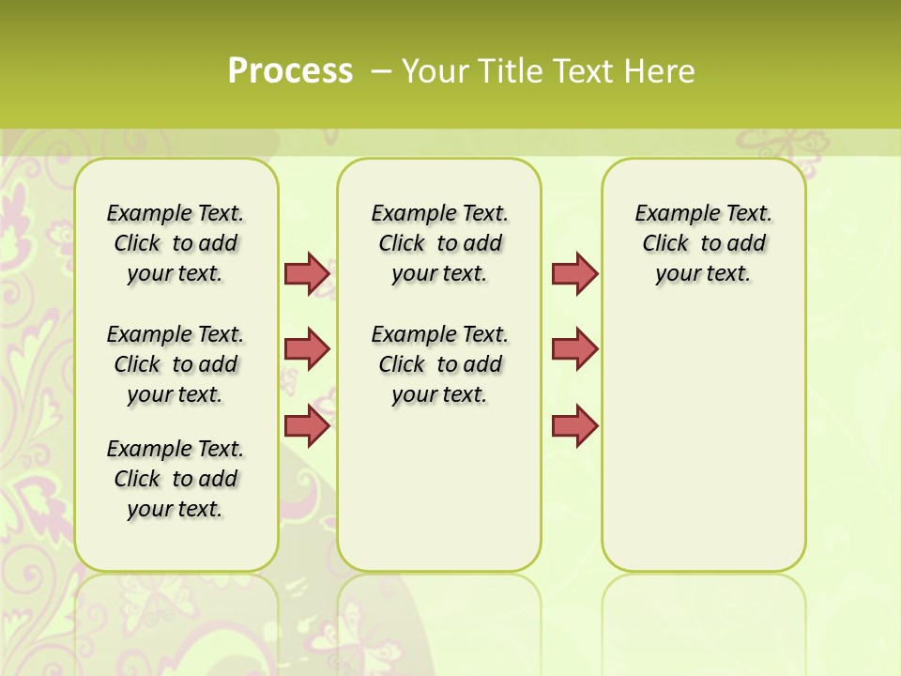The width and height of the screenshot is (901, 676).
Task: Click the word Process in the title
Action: (x=290, y=71)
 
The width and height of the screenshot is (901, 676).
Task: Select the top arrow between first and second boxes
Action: (x=307, y=273)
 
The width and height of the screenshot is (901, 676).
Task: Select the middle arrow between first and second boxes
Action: (x=307, y=349)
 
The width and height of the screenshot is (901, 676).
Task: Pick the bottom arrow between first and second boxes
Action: (x=307, y=425)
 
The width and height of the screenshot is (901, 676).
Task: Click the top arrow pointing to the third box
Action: (x=574, y=273)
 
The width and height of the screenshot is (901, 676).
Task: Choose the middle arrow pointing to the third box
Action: (x=574, y=349)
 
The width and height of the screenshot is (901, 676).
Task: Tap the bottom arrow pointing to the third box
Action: (x=574, y=425)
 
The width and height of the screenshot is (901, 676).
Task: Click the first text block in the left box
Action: (x=176, y=243)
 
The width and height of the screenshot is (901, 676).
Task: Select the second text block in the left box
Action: (x=176, y=364)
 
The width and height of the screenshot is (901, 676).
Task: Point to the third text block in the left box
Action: (x=176, y=479)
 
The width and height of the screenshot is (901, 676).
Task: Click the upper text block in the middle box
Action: (x=440, y=243)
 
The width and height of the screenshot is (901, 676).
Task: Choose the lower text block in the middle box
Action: (x=440, y=364)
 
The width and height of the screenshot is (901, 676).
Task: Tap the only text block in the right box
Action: (x=704, y=243)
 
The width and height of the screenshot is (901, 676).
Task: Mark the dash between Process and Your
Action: (x=381, y=71)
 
